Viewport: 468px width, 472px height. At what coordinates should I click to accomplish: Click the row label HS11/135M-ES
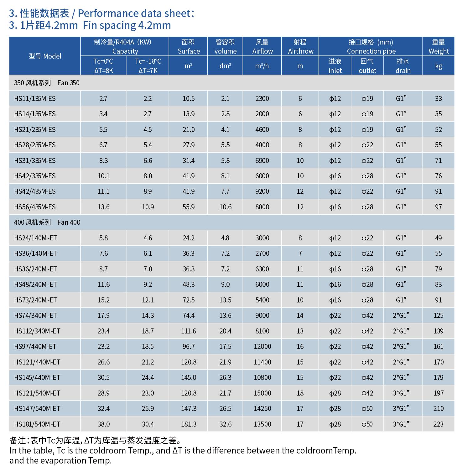click(x=35, y=98)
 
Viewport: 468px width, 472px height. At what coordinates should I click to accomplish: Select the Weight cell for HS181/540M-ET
click(x=438, y=424)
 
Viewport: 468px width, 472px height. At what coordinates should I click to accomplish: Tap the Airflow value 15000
click(x=262, y=393)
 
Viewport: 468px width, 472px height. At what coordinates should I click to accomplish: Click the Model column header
click(x=45, y=56)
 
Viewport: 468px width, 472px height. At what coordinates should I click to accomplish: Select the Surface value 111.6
click(x=189, y=331)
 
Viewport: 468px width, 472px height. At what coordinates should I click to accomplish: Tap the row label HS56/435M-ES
click(x=35, y=207)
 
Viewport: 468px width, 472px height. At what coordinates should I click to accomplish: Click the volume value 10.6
click(x=225, y=207)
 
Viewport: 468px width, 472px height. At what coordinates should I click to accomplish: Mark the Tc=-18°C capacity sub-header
click(x=148, y=66)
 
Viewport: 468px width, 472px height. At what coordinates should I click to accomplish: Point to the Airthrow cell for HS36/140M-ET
click(x=300, y=253)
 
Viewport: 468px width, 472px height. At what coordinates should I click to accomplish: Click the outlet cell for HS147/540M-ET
click(x=367, y=408)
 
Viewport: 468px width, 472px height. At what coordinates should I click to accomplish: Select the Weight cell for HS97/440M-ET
click(x=438, y=346)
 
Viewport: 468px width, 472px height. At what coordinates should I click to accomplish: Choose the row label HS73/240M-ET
click(x=35, y=300)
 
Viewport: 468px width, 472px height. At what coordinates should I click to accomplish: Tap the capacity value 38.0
click(x=103, y=424)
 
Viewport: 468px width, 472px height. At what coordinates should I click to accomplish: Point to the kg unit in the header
click(x=438, y=66)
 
